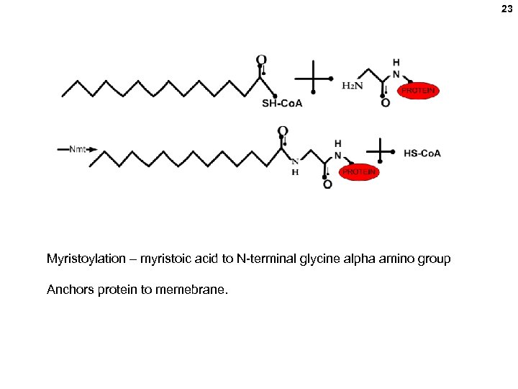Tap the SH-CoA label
pyautogui.click(x=282, y=103)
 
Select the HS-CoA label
pyautogui.click(x=422, y=153)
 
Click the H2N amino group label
pyautogui.click(x=352, y=86)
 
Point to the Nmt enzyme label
pyautogui.click(x=78, y=149)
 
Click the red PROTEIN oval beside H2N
pyautogui.click(x=418, y=91)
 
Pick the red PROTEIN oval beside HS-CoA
pyautogui.click(x=359, y=172)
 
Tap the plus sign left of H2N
pyautogui.click(x=314, y=78)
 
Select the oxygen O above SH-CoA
pyautogui.click(x=261, y=60)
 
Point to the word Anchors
pyautogui.click(x=70, y=290)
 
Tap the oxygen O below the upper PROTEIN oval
pyautogui.click(x=386, y=103)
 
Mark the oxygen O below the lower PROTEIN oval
pyautogui.click(x=327, y=184)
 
